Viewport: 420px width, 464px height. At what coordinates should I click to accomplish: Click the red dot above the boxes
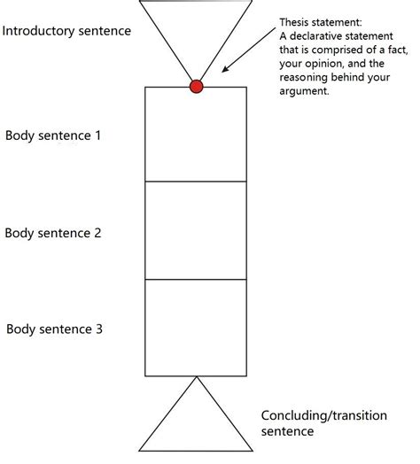pyautogui.click(x=197, y=86)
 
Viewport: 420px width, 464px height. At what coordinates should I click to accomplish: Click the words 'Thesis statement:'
pyautogui.click(x=315, y=21)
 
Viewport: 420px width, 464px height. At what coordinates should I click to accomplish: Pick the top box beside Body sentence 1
pyautogui.click(x=196, y=134)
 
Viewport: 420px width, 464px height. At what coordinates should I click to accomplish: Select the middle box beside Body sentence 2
pyautogui.click(x=196, y=230)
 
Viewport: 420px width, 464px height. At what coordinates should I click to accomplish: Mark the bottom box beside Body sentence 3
pyautogui.click(x=196, y=326)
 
